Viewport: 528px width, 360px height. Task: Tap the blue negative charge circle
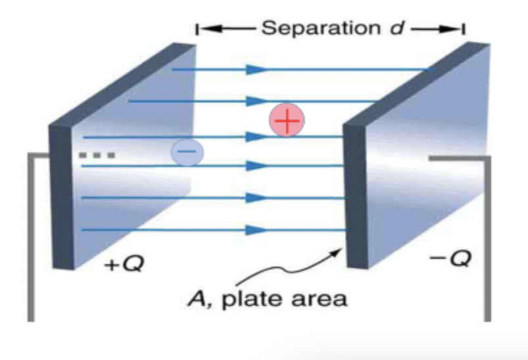187,152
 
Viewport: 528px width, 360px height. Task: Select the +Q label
124,265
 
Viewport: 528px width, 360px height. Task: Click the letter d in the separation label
397,28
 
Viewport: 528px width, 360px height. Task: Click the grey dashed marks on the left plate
97,156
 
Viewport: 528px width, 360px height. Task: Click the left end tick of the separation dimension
196,30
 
